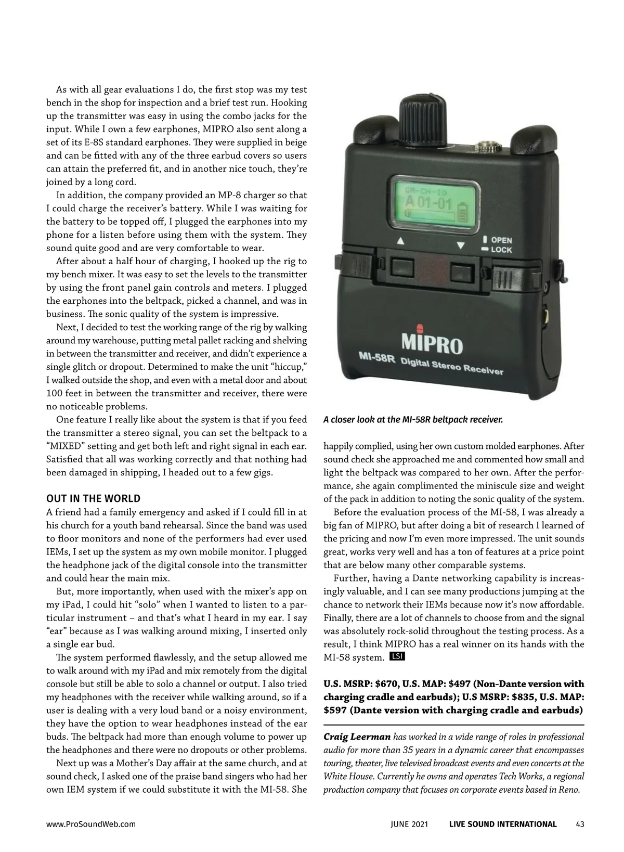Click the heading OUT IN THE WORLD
(x=93, y=499)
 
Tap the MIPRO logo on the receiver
(x=432, y=343)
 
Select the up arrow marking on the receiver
(x=400, y=241)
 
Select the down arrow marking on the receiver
(x=460, y=245)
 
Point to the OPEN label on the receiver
(x=501, y=240)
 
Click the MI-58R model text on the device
(x=377, y=357)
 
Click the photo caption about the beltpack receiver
(x=413, y=419)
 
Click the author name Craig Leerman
(x=356, y=737)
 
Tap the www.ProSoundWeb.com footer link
(x=91, y=824)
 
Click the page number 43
(x=580, y=824)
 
